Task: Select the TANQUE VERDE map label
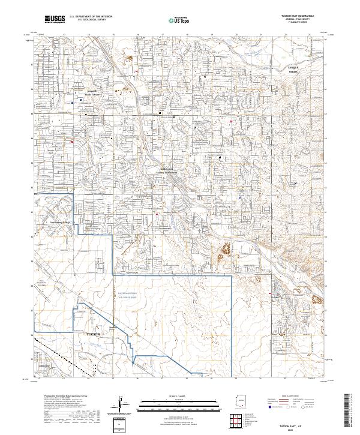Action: point(292,70)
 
